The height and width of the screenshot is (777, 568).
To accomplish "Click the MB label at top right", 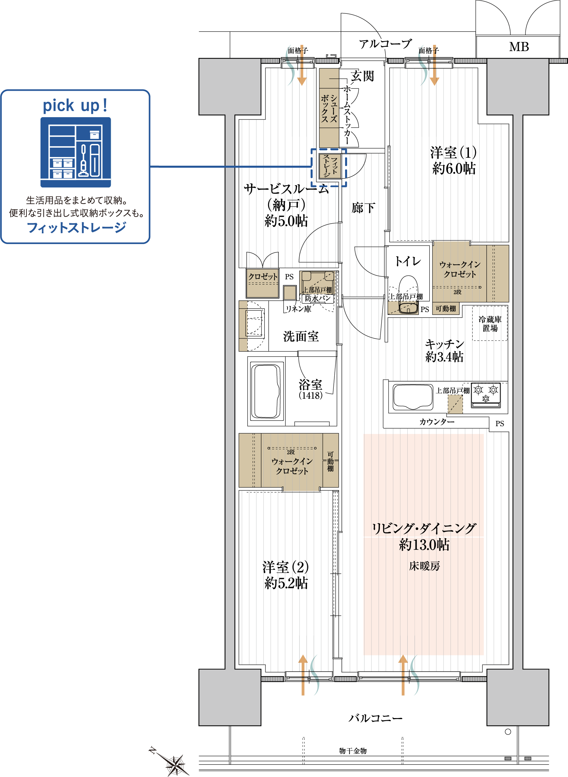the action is pyautogui.click(x=519, y=47).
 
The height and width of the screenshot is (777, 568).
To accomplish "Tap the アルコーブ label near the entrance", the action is pyautogui.click(x=385, y=44).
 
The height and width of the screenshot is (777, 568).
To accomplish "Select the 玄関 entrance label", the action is pyautogui.click(x=362, y=76).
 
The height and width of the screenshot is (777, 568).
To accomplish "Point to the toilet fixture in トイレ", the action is pyautogui.click(x=408, y=294).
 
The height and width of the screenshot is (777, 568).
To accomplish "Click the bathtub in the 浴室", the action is pyautogui.click(x=265, y=391).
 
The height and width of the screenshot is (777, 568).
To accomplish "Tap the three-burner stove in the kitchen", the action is pyautogui.click(x=485, y=395).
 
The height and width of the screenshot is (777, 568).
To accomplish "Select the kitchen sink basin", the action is pyautogui.click(x=413, y=397).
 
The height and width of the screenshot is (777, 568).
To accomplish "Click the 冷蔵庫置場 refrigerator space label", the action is pyautogui.click(x=490, y=323).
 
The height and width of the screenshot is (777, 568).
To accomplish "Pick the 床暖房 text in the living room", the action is pyautogui.click(x=424, y=566).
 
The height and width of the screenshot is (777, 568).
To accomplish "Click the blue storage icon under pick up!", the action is pyautogui.click(x=76, y=152).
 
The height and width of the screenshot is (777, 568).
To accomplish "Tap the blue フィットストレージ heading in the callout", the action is pyautogui.click(x=76, y=228).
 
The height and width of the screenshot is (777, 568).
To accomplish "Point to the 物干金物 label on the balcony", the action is pyautogui.click(x=353, y=751).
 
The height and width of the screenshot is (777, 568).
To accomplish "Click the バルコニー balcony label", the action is pyautogui.click(x=375, y=718).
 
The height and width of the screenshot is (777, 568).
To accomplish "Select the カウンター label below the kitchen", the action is pyautogui.click(x=437, y=422).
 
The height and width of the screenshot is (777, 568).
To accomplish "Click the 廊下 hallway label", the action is pyautogui.click(x=363, y=208).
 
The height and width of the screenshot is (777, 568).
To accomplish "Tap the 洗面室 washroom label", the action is pyautogui.click(x=301, y=336).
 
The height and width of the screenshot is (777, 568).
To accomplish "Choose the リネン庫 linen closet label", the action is pyautogui.click(x=299, y=309).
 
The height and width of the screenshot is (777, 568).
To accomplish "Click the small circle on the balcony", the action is pyautogui.click(x=508, y=731).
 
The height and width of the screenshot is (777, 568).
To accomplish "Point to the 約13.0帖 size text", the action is pyautogui.click(x=424, y=545).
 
